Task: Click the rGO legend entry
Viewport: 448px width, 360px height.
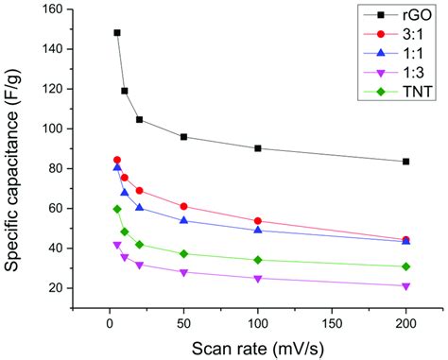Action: point(401,15)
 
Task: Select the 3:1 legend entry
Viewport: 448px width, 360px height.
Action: point(401,34)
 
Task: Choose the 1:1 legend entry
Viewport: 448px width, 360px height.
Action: point(401,54)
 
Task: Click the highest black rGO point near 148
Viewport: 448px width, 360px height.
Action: point(117,33)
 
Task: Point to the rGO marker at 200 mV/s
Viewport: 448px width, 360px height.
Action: point(405,162)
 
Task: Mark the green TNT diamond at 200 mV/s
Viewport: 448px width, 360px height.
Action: point(405,266)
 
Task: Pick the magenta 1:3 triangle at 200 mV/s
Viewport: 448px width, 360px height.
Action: point(405,286)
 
